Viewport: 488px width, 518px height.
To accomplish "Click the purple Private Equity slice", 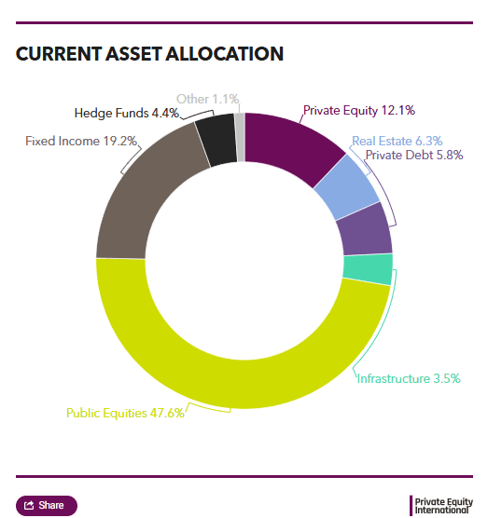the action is coord(290,145).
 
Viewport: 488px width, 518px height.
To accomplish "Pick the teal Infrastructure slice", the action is coord(369,268).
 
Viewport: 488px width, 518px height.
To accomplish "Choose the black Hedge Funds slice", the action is coord(216,140).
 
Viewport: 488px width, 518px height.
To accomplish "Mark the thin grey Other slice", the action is coord(241,137).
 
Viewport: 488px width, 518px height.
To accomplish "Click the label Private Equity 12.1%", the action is coord(359,110).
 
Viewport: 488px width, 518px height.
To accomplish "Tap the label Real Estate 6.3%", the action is coord(397,141).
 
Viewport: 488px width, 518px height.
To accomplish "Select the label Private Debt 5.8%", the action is coord(414,155).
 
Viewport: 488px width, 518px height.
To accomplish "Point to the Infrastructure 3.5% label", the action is coord(409,378).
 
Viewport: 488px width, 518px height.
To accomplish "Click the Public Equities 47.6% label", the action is coord(125,413).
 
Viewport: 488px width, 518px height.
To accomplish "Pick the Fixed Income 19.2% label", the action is coord(81,141).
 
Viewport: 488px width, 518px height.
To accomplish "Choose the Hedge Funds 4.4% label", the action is coord(127,113).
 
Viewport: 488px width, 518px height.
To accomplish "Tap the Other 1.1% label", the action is coord(207,99).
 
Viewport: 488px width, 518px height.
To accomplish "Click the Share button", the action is coord(47,506).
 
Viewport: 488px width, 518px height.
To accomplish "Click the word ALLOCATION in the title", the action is coord(224,54).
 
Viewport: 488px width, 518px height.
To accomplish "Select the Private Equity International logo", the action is coord(441,506).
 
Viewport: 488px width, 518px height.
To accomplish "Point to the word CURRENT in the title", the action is coord(59,54).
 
